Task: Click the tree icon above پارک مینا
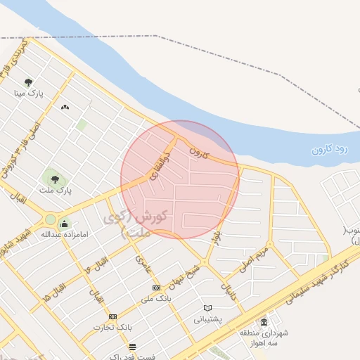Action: [29, 82]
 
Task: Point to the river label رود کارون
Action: [330, 148]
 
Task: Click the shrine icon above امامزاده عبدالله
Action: [65, 224]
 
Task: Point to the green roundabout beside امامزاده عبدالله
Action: [50, 220]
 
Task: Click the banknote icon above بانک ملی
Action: [156, 288]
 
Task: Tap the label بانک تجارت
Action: [112, 328]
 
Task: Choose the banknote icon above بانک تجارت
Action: [112, 316]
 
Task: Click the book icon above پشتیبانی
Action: [207, 308]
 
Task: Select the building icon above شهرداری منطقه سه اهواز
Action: [264, 323]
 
